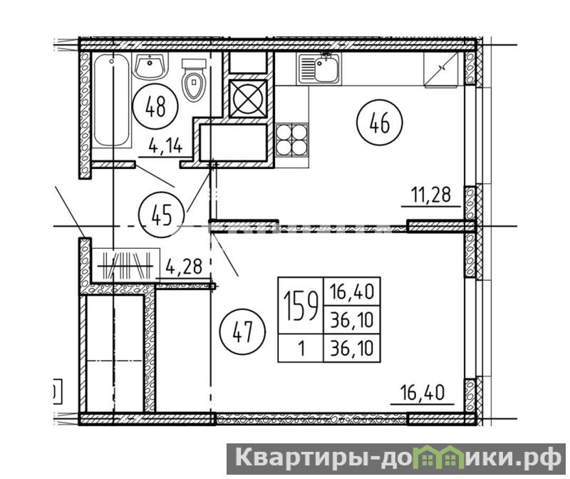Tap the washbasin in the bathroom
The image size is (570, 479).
[x=150, y=66]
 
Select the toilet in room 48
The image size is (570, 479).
[x=194, y=80]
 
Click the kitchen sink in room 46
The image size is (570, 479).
[x=318, y=68]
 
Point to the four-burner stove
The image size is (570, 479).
[x=291, y=140]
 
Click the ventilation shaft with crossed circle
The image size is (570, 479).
[x=248, y=98]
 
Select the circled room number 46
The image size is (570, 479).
[x=380, y=122]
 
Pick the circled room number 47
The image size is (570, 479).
[x=242, y=331]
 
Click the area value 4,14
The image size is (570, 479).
[x=165, y=146]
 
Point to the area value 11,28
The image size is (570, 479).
[x=431, y=195]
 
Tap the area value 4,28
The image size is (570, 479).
[x=184, y=267]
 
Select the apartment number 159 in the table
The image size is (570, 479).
[x=301, y=307]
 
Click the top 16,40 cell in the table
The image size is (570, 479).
[x=351, y=292]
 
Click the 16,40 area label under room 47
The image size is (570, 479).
[x=422, y=393]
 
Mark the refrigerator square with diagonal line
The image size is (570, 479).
[x=441, y=69]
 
